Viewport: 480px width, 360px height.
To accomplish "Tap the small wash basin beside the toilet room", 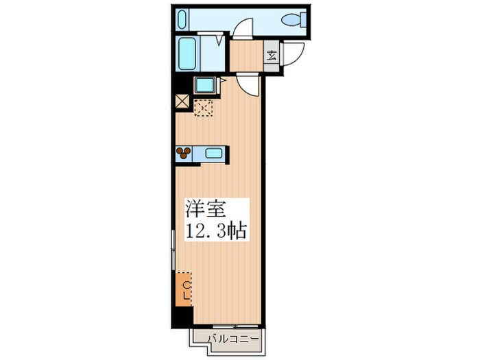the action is (182, 19).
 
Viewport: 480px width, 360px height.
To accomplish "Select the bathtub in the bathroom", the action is (187, 53).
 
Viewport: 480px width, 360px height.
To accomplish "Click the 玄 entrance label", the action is (272, 56).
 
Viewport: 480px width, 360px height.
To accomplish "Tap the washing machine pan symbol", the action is (205, 86).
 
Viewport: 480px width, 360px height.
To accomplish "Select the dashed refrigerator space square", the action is (204, 108).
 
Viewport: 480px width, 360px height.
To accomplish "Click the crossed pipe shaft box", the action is (182, 101).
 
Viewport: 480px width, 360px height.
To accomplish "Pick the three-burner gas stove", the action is (184, 153).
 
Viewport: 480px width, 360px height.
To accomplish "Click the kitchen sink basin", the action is (214, 153).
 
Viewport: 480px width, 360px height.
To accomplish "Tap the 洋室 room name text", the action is (205, 208).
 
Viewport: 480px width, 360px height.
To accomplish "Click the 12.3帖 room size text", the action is (216, 230).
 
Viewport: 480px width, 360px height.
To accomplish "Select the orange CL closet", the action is (184, 289).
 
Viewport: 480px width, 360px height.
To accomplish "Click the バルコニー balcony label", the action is (233, 339).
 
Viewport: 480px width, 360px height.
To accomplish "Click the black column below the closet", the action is (182, 317).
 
